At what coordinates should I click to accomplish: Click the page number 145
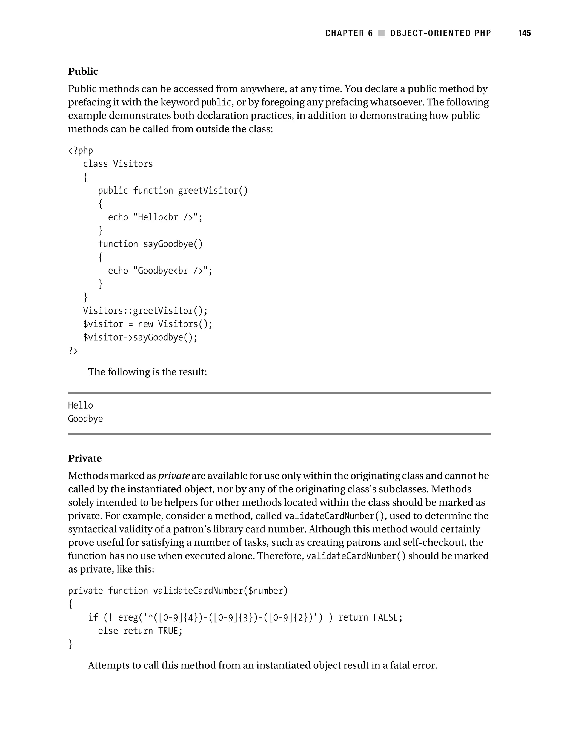[x=524, y=33]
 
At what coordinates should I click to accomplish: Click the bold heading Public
[x=83, y=71]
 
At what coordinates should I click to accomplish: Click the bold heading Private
[x=85, y=458]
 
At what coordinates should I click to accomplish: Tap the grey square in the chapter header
[x=381, y=33]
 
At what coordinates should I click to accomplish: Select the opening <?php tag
[x=81, y=151]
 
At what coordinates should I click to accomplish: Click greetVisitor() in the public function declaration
[x=213, y=191]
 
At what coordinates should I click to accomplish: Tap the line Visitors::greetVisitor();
[x=145, y=311]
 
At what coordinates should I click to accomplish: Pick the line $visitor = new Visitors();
[x=147, y=324]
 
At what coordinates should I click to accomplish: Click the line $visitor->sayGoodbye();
[x=140, y=337]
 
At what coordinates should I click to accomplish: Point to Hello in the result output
[x=81, y=406]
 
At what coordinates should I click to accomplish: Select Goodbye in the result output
[x=85, y=419]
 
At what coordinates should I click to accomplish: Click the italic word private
[x=174, y=476]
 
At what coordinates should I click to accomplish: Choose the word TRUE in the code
[x=168, y=631]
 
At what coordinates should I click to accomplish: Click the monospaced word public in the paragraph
[x=216, y=102]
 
